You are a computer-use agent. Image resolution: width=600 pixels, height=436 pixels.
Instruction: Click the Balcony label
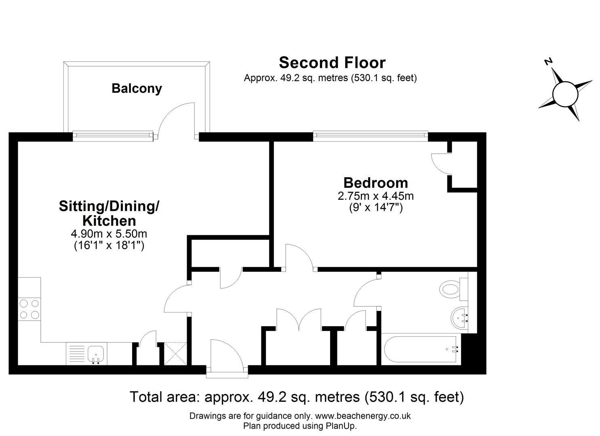(x=137, y=89)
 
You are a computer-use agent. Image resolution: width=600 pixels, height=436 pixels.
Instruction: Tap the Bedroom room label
(x=375, y=183)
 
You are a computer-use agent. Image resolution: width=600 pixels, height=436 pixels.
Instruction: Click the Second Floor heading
(x=332, y=63)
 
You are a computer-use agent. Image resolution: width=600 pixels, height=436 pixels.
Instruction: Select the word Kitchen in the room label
(x=109, y=221)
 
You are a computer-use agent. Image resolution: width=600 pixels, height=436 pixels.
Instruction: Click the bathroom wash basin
(x=460, y=318)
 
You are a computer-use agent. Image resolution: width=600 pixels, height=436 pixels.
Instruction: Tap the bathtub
(x=421, y=349)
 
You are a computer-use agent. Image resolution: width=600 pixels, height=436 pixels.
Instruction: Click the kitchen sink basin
(x=96, y=354)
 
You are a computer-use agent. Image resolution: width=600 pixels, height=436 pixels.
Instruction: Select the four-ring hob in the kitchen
(x=29, y=309)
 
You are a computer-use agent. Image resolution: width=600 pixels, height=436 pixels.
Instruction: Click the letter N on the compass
(x=548, y=62)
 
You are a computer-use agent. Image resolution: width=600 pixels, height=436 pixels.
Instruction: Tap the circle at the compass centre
(x=565, y=94)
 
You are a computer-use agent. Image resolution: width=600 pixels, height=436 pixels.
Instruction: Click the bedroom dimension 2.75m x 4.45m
(x=375, y=196)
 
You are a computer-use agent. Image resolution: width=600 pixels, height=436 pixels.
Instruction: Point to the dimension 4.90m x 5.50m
(x=109, y=234)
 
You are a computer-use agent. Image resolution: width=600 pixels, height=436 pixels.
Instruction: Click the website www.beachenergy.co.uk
(x=363, y=416)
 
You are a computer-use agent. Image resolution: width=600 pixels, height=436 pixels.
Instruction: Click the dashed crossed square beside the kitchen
(x=175, y=354)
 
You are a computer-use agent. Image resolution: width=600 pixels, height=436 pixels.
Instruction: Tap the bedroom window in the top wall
(x=371, y=136)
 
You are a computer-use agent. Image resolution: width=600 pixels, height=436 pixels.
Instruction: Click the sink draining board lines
(x=77, y=354)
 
